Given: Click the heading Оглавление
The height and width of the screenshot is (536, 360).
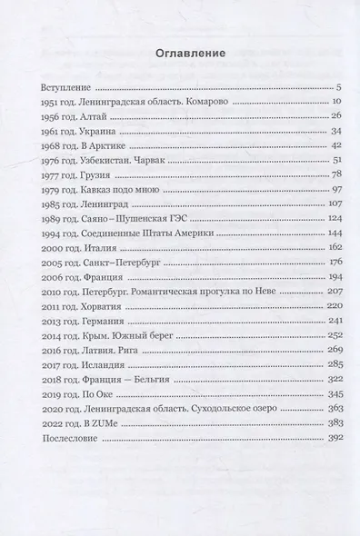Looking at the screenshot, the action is click(x=179, y=54).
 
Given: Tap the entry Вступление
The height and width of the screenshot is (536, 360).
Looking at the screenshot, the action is click(x=68, y=88).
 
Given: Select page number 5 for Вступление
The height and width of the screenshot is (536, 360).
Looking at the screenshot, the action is click(x=312, y=88).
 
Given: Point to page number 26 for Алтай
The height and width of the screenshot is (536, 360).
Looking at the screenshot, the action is click(x=310, y=119).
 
